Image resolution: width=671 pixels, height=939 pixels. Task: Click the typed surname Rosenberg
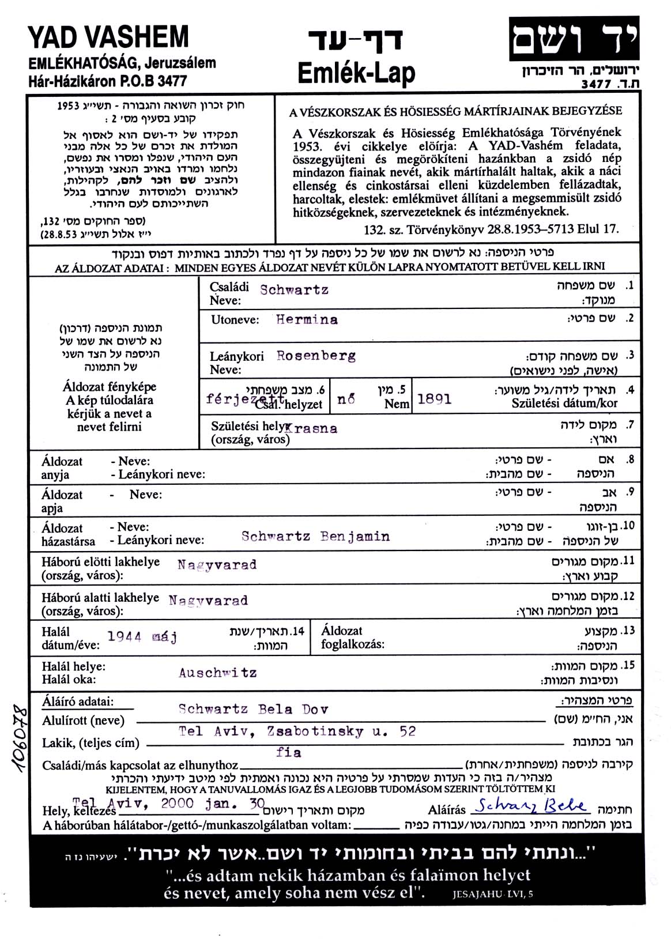316,356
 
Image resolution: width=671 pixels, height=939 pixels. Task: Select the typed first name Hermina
307,319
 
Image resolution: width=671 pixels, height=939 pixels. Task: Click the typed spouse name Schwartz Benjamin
315,537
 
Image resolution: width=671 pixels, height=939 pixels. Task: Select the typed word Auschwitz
217,673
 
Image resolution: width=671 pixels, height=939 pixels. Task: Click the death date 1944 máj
142,637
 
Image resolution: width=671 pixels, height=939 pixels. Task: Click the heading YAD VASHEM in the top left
108,37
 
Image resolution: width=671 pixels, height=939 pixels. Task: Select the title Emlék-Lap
356,74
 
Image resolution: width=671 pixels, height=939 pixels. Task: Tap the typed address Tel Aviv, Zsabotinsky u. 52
297,731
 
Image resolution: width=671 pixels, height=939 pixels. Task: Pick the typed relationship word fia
289,752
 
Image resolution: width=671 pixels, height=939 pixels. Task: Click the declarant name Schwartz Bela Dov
253,710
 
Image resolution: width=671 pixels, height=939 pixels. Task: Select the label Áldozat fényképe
110,387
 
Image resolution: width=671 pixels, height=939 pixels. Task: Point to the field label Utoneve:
235,320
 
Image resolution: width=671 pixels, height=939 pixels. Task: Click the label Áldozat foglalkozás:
352,638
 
